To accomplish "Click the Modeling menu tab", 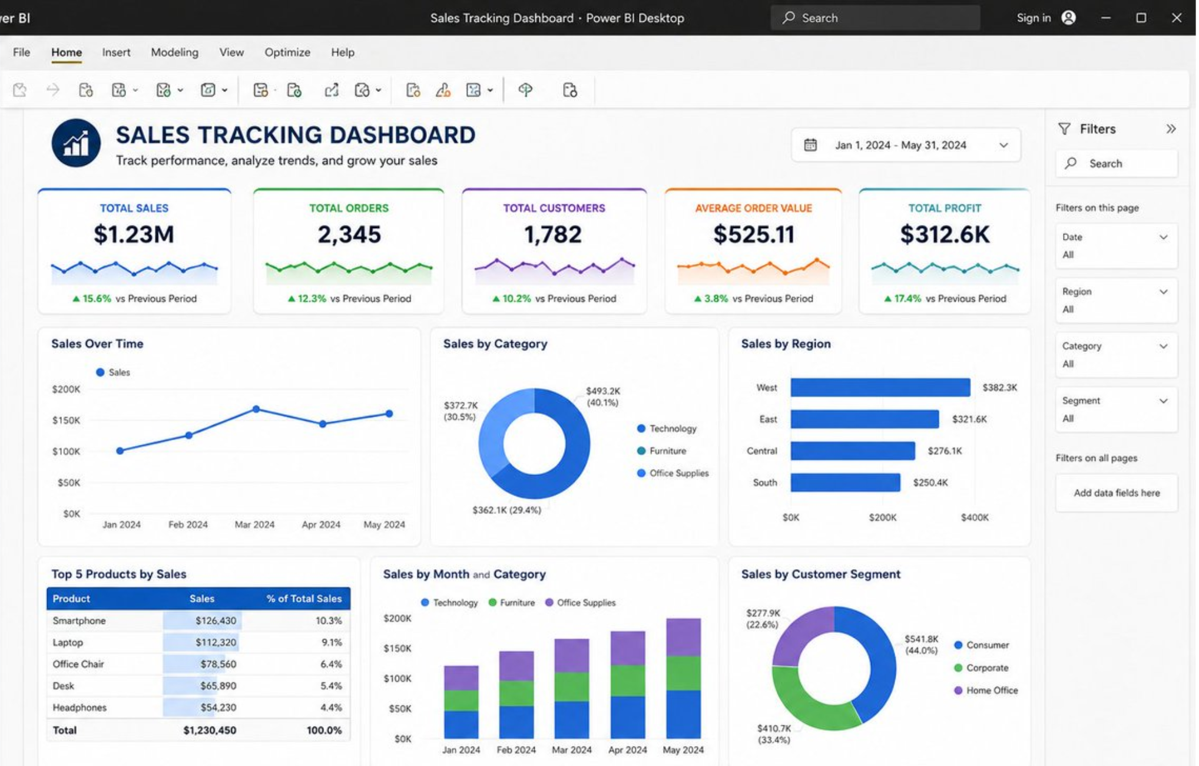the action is [x=174, y=52].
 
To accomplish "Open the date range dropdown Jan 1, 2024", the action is [x=906, y=145].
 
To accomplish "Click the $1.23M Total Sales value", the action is [x=134, y=235].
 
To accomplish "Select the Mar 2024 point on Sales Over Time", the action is [x=256, y=409].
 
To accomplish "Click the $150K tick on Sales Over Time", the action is [x=66, y=420].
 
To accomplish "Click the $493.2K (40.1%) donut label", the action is [x=602, y=397].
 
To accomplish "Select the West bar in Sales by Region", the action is [x=880, y=388].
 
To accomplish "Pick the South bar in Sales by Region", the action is [x=845, y=483].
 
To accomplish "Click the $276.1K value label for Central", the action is [x=945, y=451].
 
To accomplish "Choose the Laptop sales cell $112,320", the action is [x=216, y=642].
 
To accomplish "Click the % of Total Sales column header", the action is [x=304, y=599].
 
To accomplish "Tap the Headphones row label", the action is [x=80, y=708].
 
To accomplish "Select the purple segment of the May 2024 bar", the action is [x=684, y=636].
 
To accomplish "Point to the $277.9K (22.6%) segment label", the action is [x=763, y=619].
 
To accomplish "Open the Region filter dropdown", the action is [x=1116, y=301].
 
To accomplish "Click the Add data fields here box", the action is [x=1117, y=493].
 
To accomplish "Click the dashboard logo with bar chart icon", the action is [x=76, y=143].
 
